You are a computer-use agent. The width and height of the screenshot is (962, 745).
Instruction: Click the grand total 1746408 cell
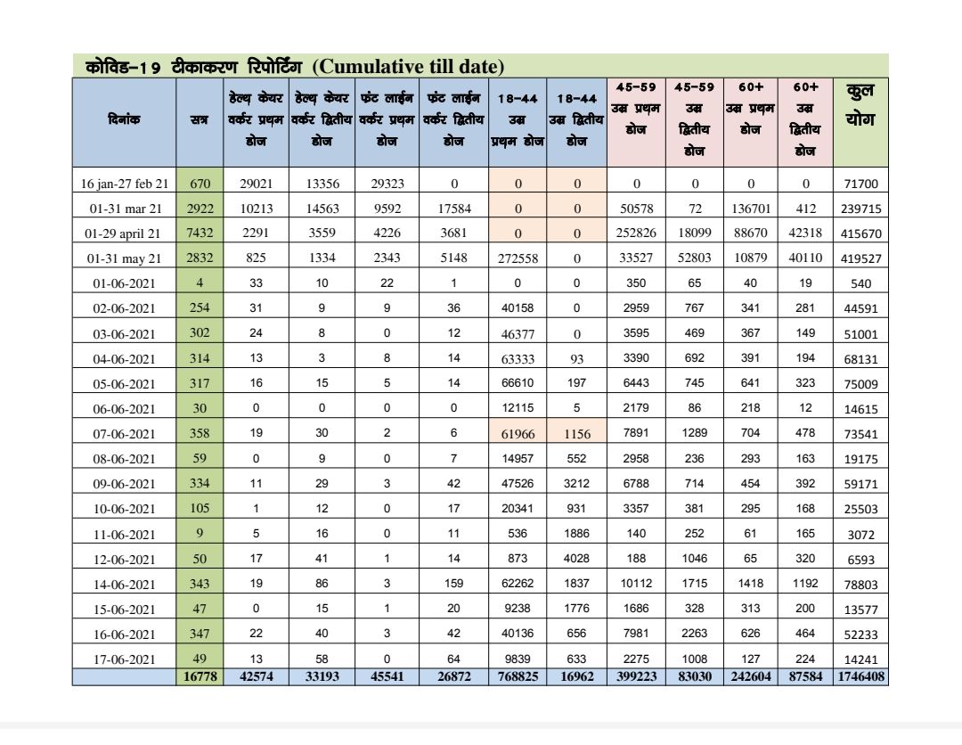[860, 676]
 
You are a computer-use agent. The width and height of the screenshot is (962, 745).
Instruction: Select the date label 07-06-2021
[124, 434]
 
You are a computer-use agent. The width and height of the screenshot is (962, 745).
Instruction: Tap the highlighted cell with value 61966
[518, 434]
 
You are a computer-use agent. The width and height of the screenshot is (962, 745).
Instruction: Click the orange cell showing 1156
[576, 434]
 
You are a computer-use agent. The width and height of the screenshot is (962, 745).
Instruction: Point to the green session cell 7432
[200, 233]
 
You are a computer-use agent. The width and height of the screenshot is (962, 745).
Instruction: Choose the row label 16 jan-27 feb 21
[124, 184]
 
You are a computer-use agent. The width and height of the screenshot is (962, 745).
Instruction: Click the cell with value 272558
[518, 258]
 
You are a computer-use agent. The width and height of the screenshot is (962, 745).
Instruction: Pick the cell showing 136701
[750, 209]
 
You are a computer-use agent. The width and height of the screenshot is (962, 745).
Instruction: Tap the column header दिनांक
[124, 117]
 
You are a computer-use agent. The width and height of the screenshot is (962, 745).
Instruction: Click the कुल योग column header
[860, 105]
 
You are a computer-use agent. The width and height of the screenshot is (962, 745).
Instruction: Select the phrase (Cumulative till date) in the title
[409, 67]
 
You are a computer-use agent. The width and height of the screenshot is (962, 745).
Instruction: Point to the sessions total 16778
[200, 676]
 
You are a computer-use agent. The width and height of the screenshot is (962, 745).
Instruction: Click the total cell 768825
[518, 676]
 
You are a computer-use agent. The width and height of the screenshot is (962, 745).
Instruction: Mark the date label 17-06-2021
[124, 659]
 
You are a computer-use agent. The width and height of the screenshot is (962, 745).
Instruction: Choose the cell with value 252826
[636, 233]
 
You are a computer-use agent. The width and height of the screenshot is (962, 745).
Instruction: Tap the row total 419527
[860, 259]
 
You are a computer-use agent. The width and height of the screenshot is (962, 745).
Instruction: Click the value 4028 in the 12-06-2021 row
[576, 560]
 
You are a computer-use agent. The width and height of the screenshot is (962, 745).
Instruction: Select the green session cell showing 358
[200, 434]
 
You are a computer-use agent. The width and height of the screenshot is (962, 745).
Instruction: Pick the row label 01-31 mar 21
[124, 209]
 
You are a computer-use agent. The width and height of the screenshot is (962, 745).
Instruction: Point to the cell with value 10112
[636, 585]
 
